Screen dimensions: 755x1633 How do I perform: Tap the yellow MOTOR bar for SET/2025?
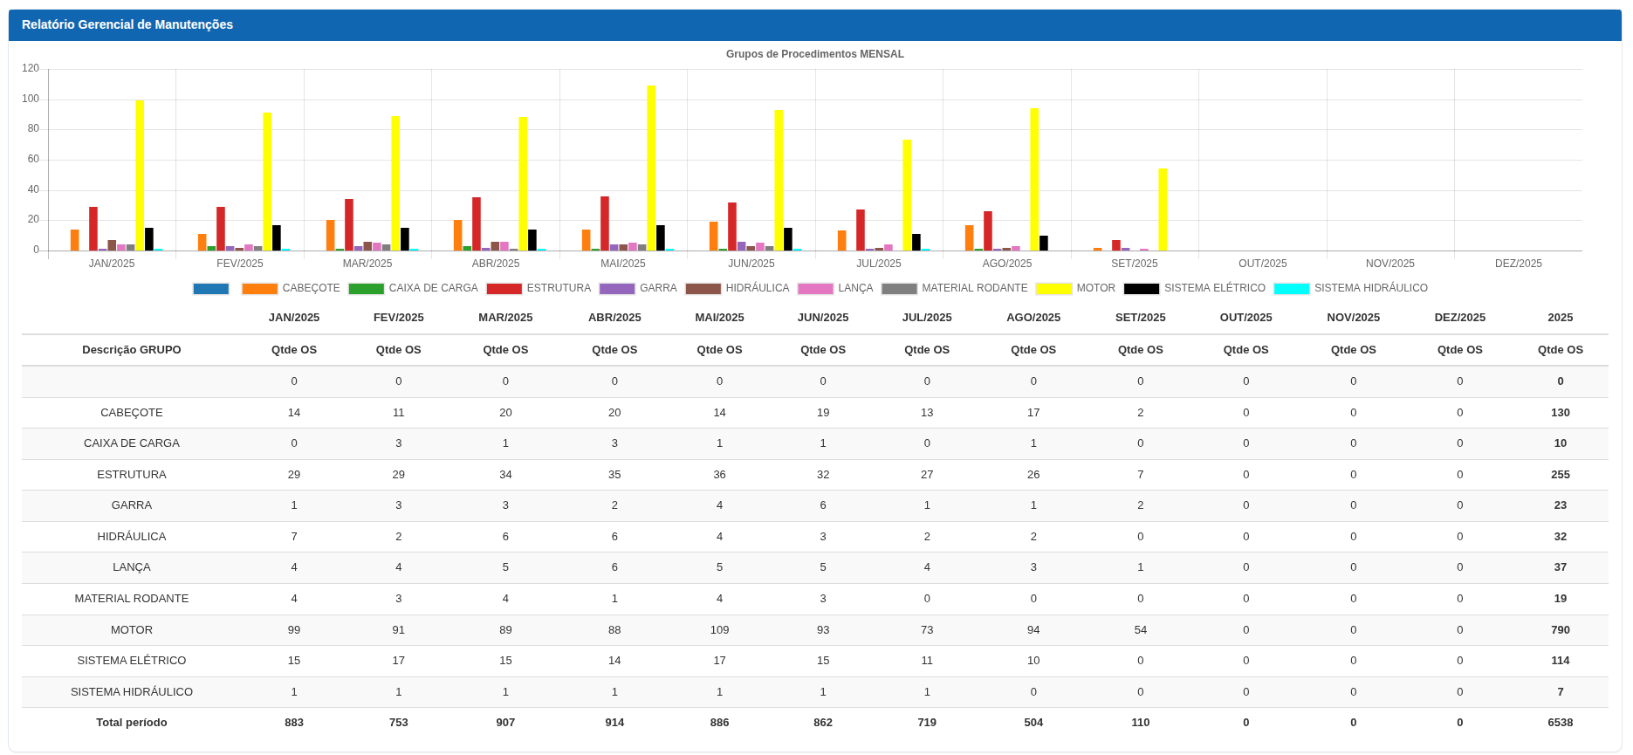coord(1163,209)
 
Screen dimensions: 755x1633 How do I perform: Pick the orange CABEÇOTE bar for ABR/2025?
coord(458,236)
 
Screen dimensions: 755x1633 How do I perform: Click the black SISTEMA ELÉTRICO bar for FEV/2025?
coord(277,238)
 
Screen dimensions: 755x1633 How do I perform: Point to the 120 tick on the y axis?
coord(31,68)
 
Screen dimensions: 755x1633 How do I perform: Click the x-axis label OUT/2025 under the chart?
coord(1262,264)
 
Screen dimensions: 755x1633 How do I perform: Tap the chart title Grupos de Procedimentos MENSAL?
coord(814,54)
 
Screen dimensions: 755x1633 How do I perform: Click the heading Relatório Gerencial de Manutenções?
coord(127,24)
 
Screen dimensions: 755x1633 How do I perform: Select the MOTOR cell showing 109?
coord(719,630)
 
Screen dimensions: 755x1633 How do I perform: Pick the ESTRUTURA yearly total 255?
coord(1560,475)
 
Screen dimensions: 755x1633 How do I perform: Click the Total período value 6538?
coord(1560,723)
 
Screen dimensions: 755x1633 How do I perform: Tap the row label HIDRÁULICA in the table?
coord(132,537)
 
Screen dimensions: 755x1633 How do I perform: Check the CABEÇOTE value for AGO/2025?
coord(1033,413)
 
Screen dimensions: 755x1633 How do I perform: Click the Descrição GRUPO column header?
coord(132,350)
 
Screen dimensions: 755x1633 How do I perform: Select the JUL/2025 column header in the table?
coord(926,318)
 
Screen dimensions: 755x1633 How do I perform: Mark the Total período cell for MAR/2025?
coord(505,723)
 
